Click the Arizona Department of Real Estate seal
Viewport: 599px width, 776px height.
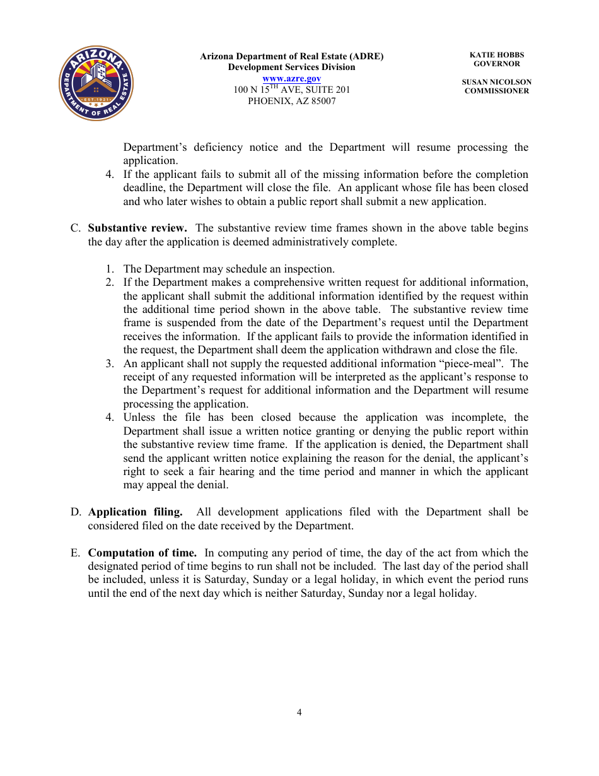pos(96,83)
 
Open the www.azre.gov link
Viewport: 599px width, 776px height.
pos(291,78)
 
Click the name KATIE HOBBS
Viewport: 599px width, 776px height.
pos(497,55)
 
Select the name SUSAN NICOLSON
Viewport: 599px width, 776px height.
pos(496,82)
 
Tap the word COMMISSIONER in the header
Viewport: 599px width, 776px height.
pos(496,91)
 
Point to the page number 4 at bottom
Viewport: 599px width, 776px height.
pos(299,712)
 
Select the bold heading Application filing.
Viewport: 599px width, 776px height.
pos(135,512)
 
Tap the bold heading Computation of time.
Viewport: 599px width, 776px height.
pos(142,553)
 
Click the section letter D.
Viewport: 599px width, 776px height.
pos(75,512)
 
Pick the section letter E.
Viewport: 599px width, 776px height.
pos(75,553)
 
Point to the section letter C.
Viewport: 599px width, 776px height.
pos(75,228)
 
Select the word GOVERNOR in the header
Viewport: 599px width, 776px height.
pos(496,64)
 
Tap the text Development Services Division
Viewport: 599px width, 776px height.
pos(291,67)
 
